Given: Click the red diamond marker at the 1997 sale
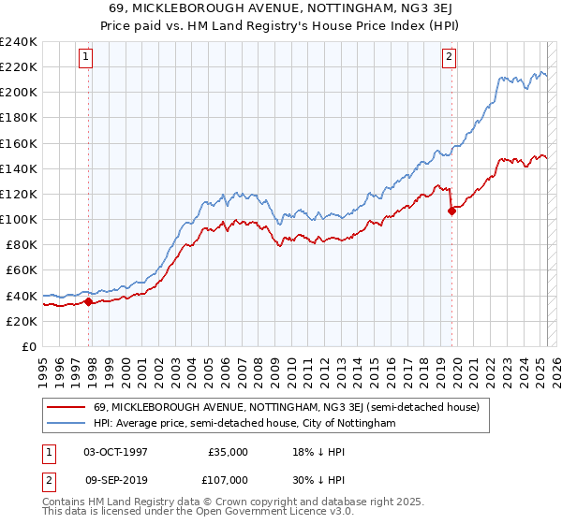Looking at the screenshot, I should pos(89,301).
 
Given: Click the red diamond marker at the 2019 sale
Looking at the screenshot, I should pos(451,211).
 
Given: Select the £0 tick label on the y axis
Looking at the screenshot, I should pos(28,346).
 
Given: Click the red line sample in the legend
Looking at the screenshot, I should pos(66,407).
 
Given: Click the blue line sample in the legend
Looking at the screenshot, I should pos(66,423).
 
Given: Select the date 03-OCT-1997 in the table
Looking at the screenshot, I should pos(115,451).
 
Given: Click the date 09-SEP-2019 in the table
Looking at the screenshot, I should pos(115,479).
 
